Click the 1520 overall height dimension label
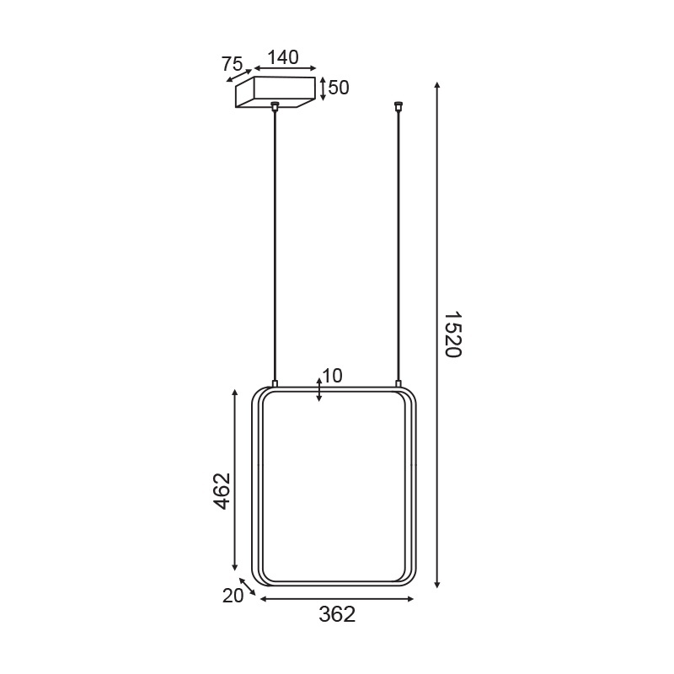pyautogui.click(x=452, y=334)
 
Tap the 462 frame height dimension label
pyautogui.click(x=222, y=490)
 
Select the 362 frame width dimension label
pyautogui.click(x=337, y=614)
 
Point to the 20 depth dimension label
pyautogui.click(x=233, y=596)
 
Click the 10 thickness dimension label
pyautogui.click(x=332, y=376)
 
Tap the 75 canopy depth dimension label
pyautogui.click(x=232, y=64)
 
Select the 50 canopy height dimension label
pyautogui.click(x=338, y=88)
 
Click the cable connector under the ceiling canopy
pyautogui.click(x=275, y=106)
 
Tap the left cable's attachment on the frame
pyautogui.click(x=275, y=384)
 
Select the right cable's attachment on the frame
pyautogui.click(x=398, y=384)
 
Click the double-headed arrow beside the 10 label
pyautogui.click(x=318, y=389)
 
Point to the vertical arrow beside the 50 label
pyautogui.click(x=323, y=88)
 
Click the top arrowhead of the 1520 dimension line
pyautogui.click(x=436, y=86)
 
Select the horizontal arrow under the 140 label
pyautogui.click(x=285, y=70)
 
